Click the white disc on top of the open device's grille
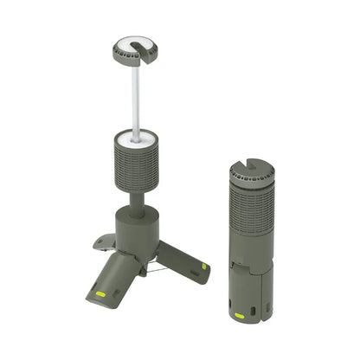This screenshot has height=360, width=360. coord(136,137)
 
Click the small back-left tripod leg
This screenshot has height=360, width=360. coord(105,243)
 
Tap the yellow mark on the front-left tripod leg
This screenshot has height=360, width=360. coord(100,294)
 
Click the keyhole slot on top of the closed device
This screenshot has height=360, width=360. coord(252,165)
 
